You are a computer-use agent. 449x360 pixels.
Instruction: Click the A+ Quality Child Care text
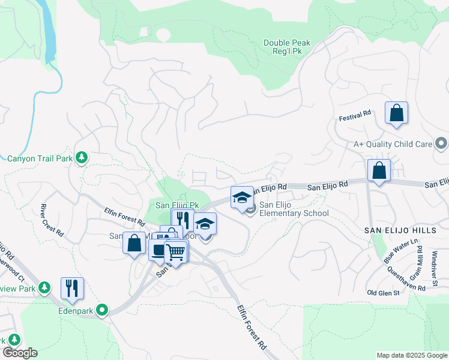pos(393,144)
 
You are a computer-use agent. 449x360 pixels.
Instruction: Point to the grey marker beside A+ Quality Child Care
pos(441,143)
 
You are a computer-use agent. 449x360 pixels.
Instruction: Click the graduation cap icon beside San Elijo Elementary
pos(242,197)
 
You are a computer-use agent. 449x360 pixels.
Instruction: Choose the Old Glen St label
pos(382,292)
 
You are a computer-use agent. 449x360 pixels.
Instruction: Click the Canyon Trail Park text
pos(40,159)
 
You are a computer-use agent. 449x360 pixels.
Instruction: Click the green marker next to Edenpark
pos(103,310)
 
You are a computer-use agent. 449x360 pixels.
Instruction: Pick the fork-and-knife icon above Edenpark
pos(72,287)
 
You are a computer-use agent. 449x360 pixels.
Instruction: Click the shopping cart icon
pos(176,251)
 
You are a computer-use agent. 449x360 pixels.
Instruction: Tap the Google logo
pos(19,353)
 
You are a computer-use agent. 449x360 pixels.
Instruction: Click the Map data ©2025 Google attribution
pos(411,355)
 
